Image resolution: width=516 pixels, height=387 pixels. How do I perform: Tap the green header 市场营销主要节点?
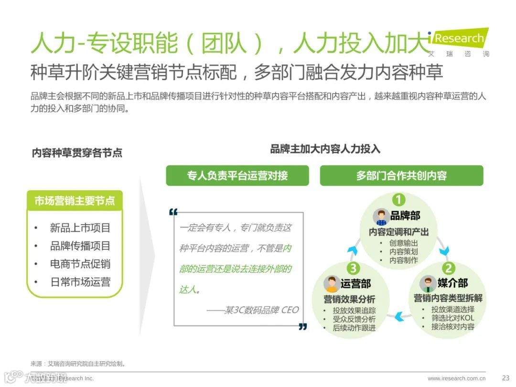point(75,201)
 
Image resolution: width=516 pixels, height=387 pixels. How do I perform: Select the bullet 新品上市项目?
point(80,228)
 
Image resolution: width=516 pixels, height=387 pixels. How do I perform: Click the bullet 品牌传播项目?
point(80,246)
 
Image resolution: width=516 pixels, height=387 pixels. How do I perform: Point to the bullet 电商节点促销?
point(80,264)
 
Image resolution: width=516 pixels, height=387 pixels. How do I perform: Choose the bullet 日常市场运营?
point(80,282)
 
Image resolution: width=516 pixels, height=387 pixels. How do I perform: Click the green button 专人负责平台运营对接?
point(237,175)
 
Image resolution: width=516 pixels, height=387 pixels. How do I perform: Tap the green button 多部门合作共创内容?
point(401,175)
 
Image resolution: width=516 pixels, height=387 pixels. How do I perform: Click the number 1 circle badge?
point(398,199)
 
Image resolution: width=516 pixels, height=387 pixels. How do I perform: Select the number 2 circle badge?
point(448,268)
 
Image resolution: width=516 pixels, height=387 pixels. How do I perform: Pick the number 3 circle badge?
point(353,268)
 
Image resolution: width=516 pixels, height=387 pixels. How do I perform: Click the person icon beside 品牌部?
point(381,217)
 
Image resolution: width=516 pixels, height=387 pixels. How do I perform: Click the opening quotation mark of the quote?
point(173,212)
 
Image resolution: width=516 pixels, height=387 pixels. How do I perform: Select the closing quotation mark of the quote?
point(302,327)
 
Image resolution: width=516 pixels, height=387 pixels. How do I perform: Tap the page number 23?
point(506,378)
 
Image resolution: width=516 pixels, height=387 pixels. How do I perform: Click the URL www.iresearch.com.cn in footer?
point(457,378)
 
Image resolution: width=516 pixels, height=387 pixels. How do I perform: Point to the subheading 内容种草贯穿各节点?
point(77,153)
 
